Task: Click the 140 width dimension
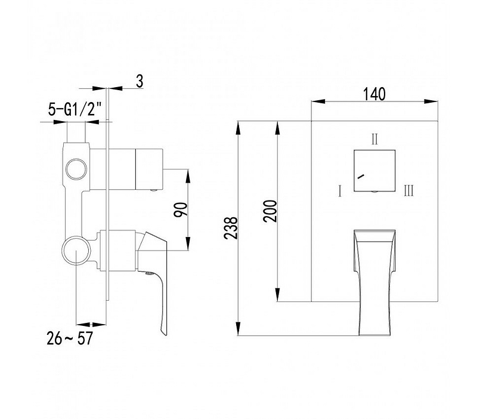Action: [374, 94]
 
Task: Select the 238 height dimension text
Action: [230, 228]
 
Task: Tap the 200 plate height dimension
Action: [271, 211]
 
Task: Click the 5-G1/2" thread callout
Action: [75, 109]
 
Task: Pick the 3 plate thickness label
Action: [140, 81]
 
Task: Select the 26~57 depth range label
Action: [70, 338]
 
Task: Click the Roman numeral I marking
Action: [340, 192]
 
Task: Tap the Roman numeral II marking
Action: [374, 139]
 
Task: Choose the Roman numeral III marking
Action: [409, 191]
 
